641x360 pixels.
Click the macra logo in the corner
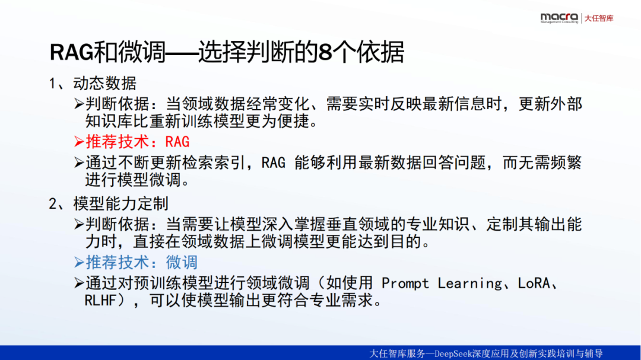pos(559,18)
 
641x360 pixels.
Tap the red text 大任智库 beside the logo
pos(599,18)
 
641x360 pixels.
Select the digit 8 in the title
pos(324,52)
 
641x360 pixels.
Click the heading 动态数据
pos(104,84)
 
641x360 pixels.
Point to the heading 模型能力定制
pos(120,203)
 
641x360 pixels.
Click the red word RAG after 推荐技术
pos(177,142)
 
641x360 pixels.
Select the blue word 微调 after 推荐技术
pos(182,262)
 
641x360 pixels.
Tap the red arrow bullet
pos(79,142)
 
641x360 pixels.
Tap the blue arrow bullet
pos(79,262)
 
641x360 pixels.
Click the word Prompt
pos(405,283)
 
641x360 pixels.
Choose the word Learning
pos(469,283)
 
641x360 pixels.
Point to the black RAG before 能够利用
pos(274,163)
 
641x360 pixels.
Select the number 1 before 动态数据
pos(52,84)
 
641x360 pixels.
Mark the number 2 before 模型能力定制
pos(53,204)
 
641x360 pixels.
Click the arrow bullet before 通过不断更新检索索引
pos(79,163)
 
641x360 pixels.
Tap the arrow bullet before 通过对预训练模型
pos(79,283)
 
